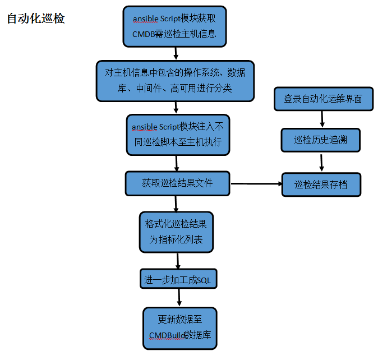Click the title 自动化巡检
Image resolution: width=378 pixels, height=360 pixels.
pyautogui.click(x=36, y=19)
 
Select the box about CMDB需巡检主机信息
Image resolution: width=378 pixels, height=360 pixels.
pyautogui.click(x=174, y=26)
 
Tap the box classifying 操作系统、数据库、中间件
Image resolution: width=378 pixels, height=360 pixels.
pyautogui.click(x=175, y=81)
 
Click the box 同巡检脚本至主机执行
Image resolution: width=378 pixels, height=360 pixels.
pyautogui.click(x=178, y=135)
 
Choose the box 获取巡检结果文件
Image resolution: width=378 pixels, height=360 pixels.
pyautogui.click(x=177, y=183)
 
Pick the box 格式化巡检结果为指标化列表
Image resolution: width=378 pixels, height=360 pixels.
pyautogui.click(x=176, y=232)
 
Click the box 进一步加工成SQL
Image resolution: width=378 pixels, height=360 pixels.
pyautogui.click(x=178, y=279)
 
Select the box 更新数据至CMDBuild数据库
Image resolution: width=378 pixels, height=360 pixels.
pyautogui.click(x=180, y=328)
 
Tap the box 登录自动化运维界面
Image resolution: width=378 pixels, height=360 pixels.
pyautogui.click(x=324, y=99)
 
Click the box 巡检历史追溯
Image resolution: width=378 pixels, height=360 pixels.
pyautogui.click(x=321, y=140)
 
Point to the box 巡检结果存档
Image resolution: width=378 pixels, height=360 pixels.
pyautogui.click(x=321, y=184)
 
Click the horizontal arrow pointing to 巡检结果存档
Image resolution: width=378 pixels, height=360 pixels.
pyautogui.click(x=256, y=183)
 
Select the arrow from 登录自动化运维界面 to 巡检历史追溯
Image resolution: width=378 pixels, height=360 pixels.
pyautogui.click(x=322, y=119)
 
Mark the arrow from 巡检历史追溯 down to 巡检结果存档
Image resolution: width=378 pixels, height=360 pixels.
pyautogui.click(x=321, y=163)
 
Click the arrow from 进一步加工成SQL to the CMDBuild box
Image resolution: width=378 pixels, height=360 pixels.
pyautogui.click(x=179, y=297)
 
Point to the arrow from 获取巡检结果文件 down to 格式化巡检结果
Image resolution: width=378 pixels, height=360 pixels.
pyautogui.click(x=176, y=204)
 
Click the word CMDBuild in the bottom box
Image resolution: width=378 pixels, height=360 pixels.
pyautogui.click(x=167, y=335)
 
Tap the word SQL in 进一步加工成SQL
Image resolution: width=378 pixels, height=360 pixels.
pyautogui.click(x=204, y=280)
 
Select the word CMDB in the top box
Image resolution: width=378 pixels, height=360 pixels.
pyautogui.click(x=143, y=34)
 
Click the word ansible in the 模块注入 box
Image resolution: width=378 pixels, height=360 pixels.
pyautogui.click(x=144, y=127)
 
